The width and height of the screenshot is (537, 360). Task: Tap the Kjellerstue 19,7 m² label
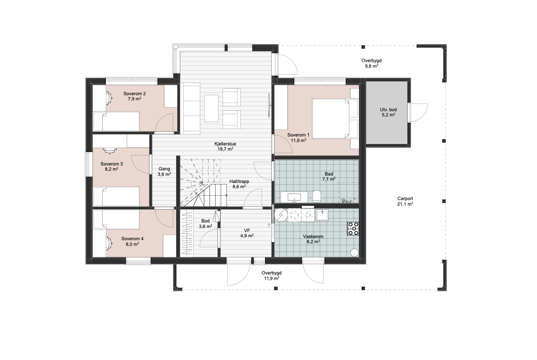click(225, 146)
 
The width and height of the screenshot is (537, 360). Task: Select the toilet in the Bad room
click(317, 196)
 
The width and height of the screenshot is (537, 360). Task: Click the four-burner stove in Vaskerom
click(353, 228)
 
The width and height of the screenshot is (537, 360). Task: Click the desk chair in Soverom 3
click(110, 150)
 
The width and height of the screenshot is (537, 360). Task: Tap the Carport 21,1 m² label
click(405, 201)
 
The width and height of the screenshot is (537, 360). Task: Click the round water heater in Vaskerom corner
click(355, 253)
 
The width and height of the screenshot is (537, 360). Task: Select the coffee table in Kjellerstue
click(211, 108)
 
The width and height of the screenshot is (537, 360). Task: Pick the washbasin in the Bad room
click(294, 197)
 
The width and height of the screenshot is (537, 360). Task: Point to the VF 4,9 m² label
click(247, 233)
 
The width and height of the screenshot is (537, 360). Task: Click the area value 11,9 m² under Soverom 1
click(298, 141)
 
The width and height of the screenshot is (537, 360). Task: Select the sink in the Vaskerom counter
click(322, 215)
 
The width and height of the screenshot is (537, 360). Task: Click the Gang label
click(164, 169)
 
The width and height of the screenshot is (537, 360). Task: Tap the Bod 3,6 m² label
click(206, 224)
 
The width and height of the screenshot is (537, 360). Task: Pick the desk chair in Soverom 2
click(109, 98)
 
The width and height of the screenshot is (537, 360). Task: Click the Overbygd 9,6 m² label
click(372, 63)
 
